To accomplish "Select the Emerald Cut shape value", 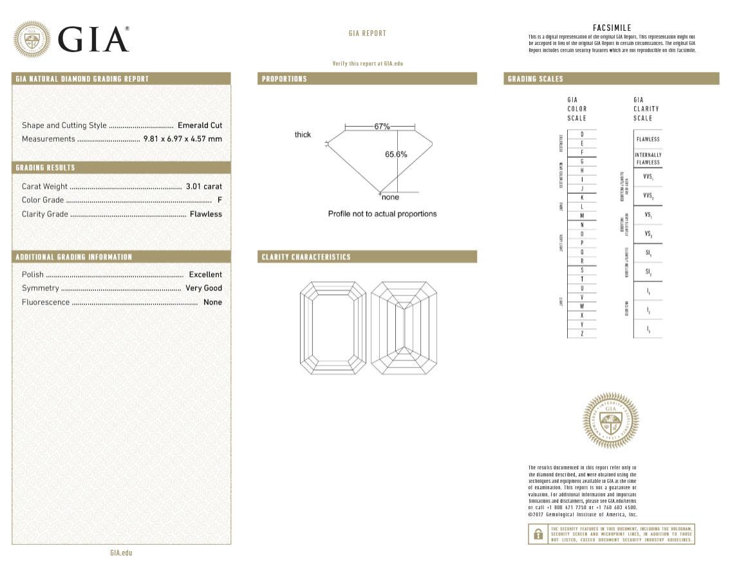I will click(x=200, y=126).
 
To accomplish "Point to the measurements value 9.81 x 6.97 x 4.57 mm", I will click(x=182, y=139).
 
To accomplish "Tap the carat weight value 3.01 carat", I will click(x=203, y=187).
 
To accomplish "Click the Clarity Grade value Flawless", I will click(x=205, y=214).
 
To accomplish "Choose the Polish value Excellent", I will click(x=205, y=275).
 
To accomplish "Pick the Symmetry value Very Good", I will click(x=203, y=288).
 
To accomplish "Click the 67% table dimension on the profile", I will click(x=382, y=127).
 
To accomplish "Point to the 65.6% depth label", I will click(x=396, y=155).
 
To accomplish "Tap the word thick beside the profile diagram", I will click(x=303, y=135).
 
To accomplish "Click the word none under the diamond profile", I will click(x=390, y=198).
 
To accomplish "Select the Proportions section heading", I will click(x=284, y=79).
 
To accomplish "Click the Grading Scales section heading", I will click(x=535, y=79).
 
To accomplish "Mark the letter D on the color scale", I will click(x=582, y=134).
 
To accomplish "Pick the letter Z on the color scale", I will click(x=582, y=333).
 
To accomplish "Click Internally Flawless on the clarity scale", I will click(x=648, y=158).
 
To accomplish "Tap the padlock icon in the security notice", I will click(x=537, y=534).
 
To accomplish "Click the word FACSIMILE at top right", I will click(x=612, y=28).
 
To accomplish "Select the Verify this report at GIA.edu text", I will click(x=367, y=64).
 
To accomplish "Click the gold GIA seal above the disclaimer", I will click(x=610, y=420).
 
